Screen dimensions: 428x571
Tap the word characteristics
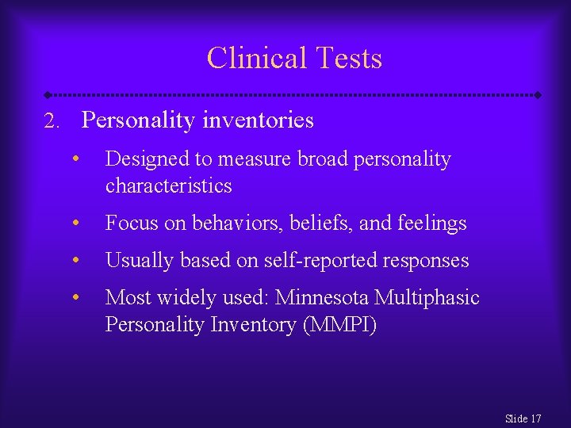click(168, 186)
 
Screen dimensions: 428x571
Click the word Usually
click(140, 261)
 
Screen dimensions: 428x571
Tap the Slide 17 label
click(523, 418)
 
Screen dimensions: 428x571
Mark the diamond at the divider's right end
click(538, 95)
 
